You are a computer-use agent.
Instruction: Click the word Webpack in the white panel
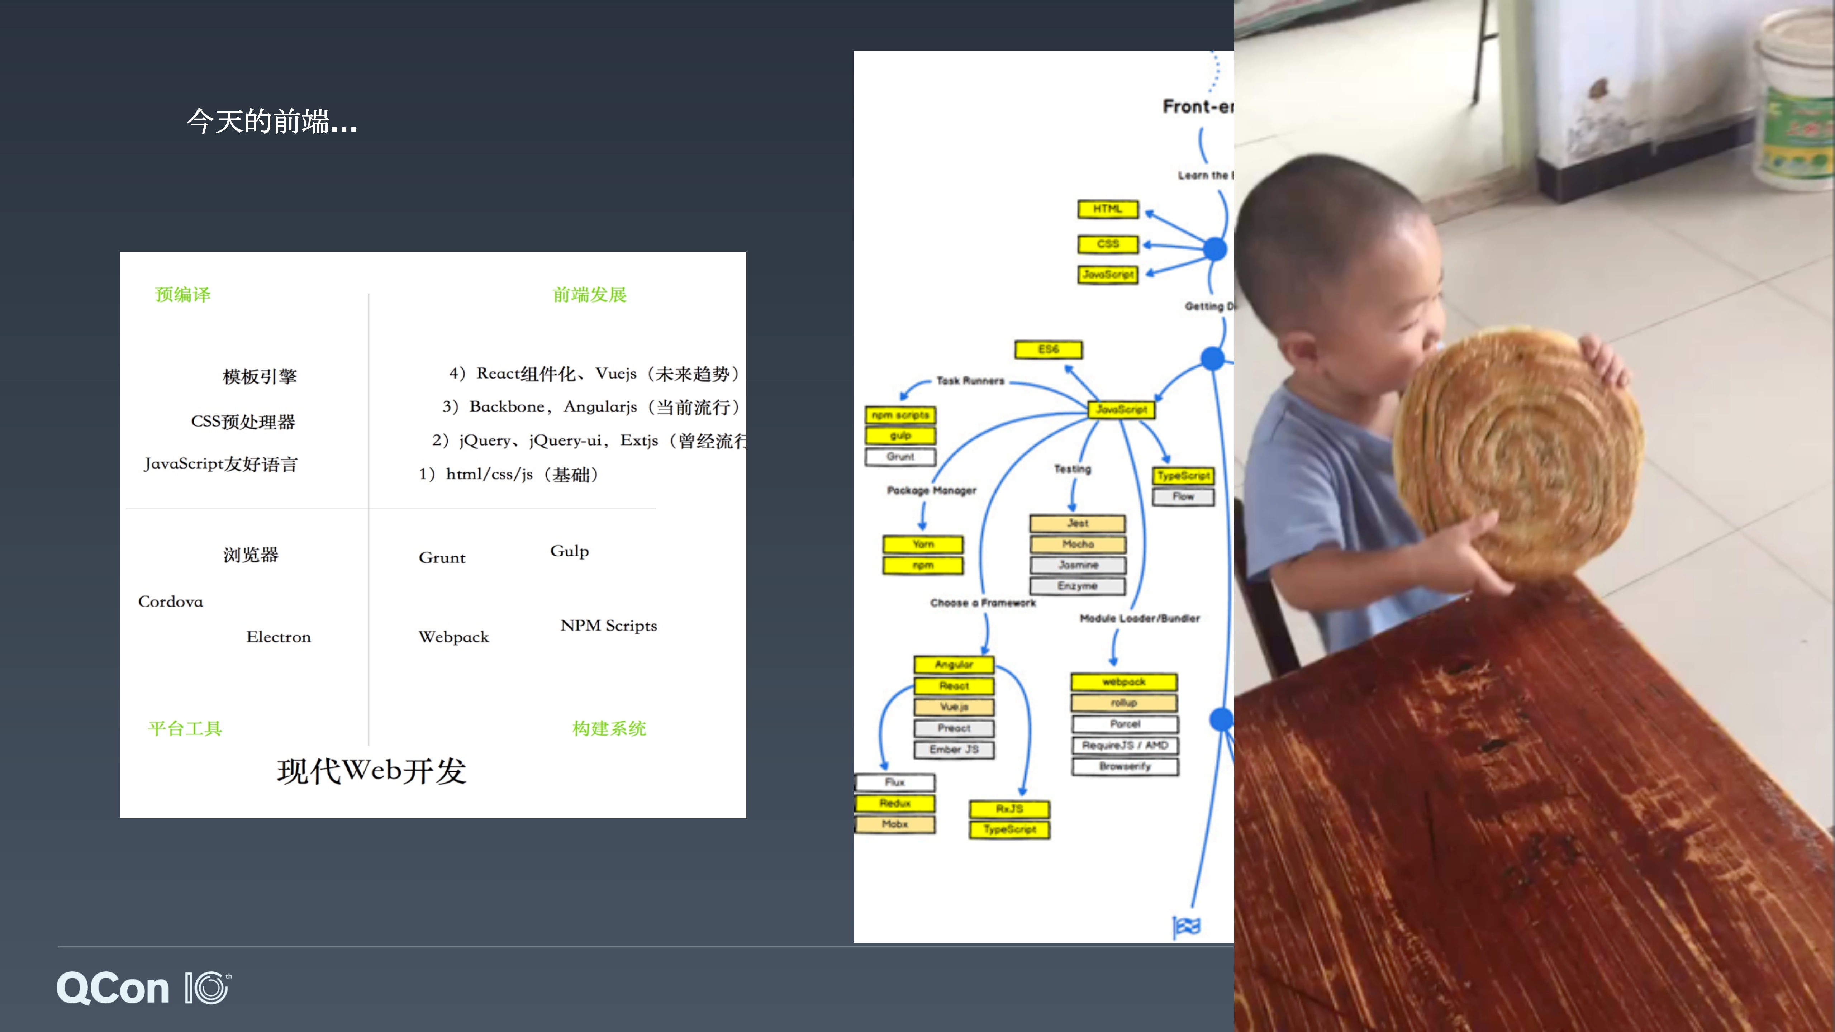point(454,637)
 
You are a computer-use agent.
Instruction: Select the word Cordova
point(170,602)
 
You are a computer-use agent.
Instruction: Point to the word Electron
point(279,637)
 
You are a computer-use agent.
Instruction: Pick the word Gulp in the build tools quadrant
point(569,551)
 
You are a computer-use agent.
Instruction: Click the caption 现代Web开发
point(371,771)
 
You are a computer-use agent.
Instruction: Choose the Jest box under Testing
point(1077,523)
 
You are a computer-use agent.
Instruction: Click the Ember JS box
point(954,749)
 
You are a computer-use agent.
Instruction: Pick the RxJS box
point(1009,809)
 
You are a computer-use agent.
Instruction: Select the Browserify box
point(1125,766)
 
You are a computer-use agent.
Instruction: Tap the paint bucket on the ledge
point(1799,100)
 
